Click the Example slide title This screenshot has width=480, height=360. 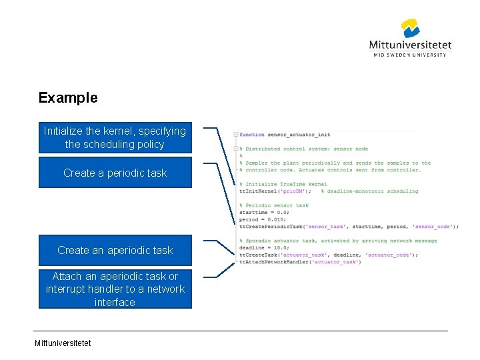coord(68,98)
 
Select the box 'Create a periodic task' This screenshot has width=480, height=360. coord(115,173)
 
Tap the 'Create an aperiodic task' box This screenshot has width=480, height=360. coord(115,251)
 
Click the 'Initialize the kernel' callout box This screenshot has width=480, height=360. coord(115,137)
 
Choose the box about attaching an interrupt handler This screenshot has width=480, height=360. coord(115,289)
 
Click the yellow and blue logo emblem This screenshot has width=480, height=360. coord(410,29)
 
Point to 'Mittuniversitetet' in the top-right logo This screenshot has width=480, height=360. coord(410,45)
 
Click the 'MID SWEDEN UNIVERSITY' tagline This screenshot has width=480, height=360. coord(410,55)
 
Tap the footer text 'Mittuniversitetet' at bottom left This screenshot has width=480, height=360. coord(63,343)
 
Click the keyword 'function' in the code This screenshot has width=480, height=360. coord(252,135)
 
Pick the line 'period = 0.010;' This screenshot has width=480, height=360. coord(263,219)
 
